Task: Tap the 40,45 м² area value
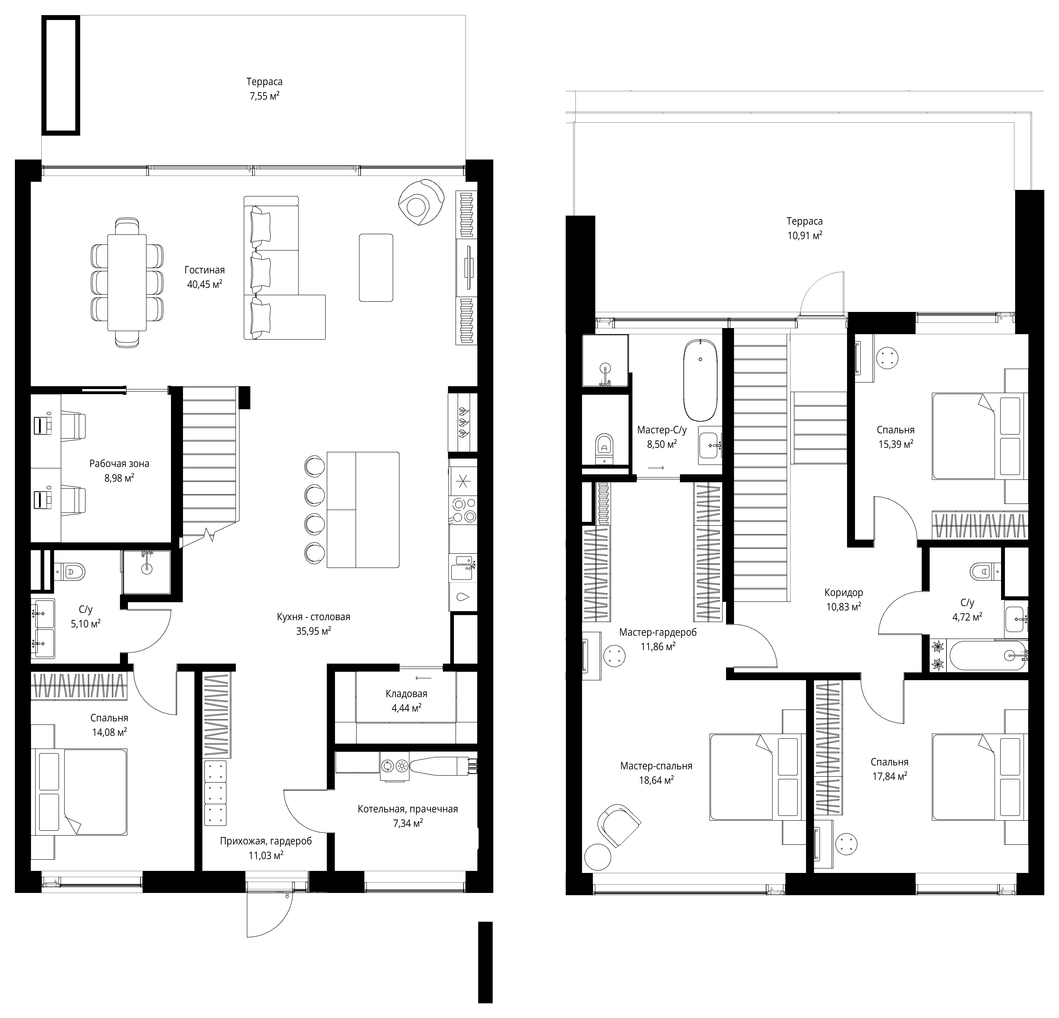point(205,284)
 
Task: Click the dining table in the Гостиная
point(127,282)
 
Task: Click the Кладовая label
point(406,694)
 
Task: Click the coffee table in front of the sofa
point(376,267)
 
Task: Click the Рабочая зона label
point(119,464)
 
